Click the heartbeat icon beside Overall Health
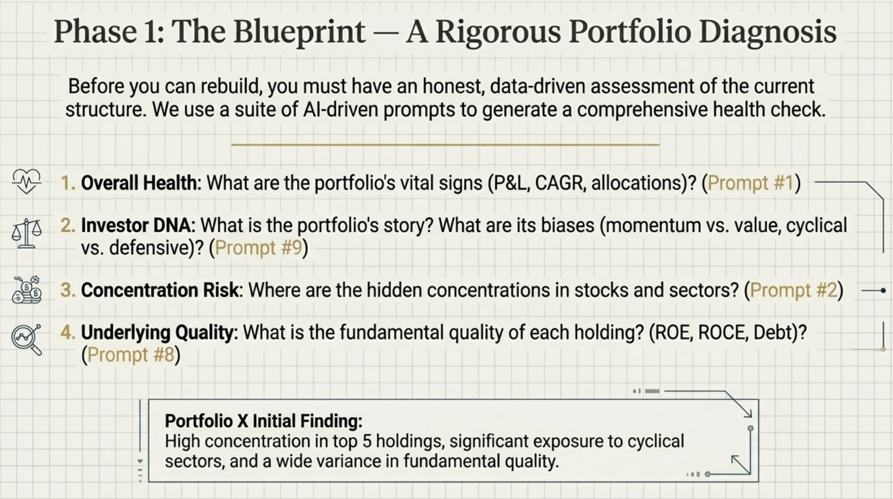coord(27,182)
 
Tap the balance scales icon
coord(27,233)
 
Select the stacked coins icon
coord(27,290)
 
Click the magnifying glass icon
coord(27,339)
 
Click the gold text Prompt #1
coord(751,183)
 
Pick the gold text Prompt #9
coord(259,248)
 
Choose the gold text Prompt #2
coord(793,290)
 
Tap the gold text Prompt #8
coord(131,355)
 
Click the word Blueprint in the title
coord(299,32)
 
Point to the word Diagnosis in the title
coord(767,32)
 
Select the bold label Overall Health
coord(138,183)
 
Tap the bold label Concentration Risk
coord(160,290)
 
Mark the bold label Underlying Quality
coord(157,333)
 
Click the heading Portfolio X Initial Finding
coord(263,421)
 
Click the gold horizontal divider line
coord(445,144)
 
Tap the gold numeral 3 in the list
coord(67,290)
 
